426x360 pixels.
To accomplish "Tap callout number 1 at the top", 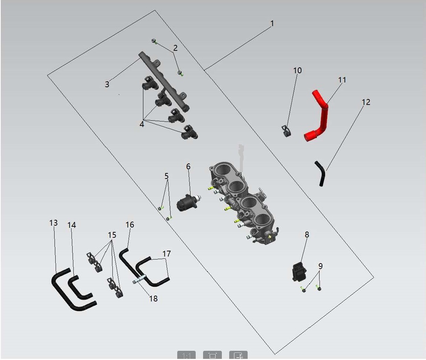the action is pyautogui.click(x=272, y=24).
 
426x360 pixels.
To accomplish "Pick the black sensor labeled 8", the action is pyautogui.click(x=299, y=271).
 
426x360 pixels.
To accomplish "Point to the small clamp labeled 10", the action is pyautogui.click(x=286, y=131).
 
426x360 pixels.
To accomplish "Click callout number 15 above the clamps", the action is pyautogui.click(x=112, y=235).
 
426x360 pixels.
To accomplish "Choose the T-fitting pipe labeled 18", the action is pyautogui.click(x=140, y=279).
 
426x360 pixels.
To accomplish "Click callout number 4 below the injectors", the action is pyautogui.click(x=142, y=124).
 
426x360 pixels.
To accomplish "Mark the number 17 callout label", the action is pyautogui.click(x=167, y=254).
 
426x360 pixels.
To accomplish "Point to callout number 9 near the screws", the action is pyautogui.click(x=321, y=266).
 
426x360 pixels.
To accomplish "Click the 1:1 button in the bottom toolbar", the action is pyautogui.click(x=186, y=355).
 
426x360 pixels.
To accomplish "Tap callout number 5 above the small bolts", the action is pyautogui.click(x=167, y=176).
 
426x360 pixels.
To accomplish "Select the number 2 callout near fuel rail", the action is pyautogui.click(x=175, y=48).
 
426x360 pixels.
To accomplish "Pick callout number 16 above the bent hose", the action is pyautogui.click(x=130, y=225).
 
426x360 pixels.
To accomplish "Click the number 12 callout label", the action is pyautogui.click(x=366, y=102).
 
